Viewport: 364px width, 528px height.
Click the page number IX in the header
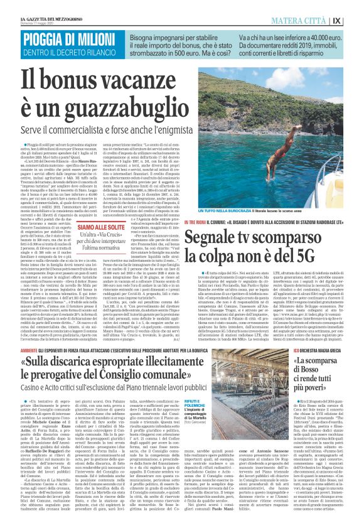[x=354, y=20]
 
